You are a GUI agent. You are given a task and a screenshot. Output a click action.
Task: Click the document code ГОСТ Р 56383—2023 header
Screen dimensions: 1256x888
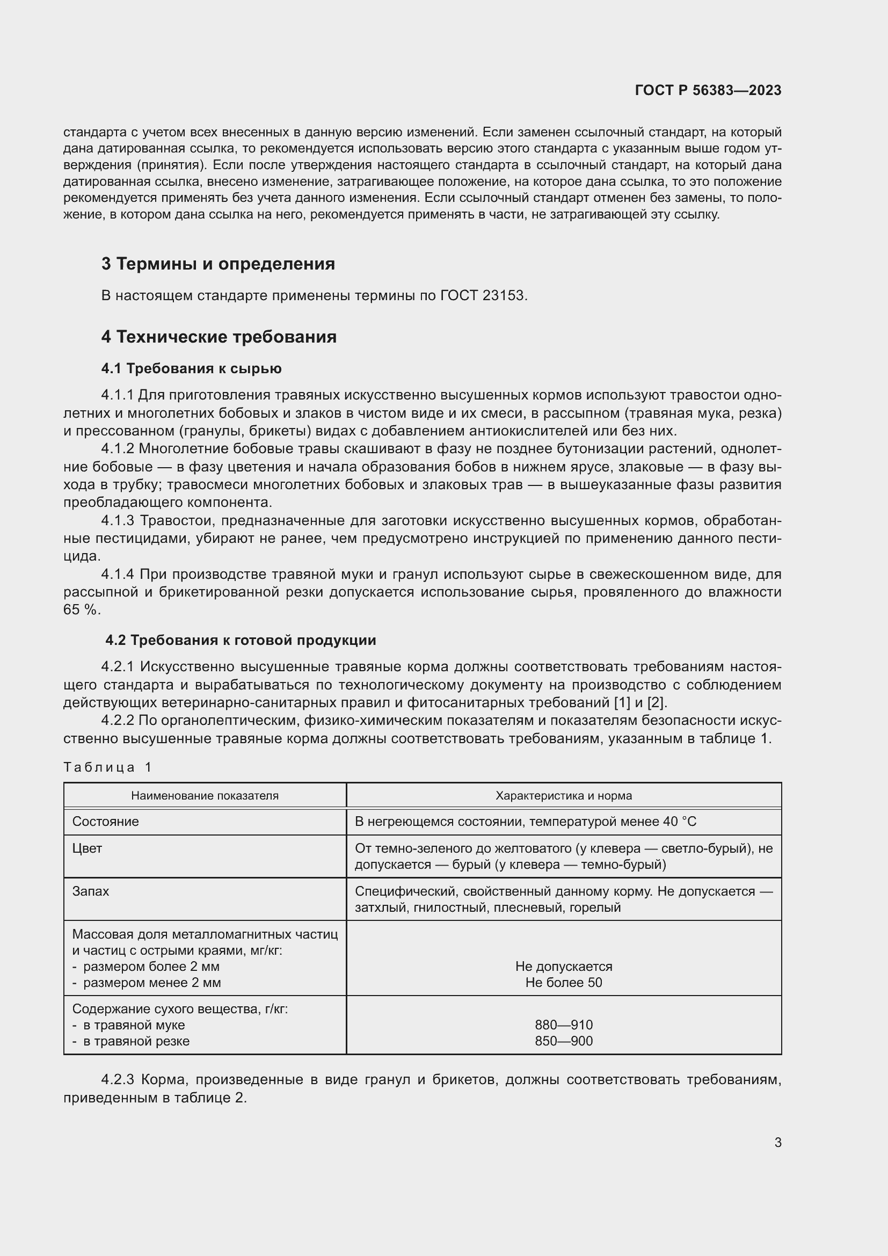(708, 90)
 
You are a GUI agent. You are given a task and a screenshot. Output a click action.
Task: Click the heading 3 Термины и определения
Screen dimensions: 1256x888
(217, 264)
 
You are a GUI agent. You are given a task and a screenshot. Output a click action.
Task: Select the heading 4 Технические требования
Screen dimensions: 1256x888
(219, 337)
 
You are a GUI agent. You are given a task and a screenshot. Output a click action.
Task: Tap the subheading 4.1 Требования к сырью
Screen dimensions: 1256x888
(191, 369)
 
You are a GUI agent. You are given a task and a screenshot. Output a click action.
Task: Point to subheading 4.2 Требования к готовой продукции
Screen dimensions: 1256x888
(241, 640)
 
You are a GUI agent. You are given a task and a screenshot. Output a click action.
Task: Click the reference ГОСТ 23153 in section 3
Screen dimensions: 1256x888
(482, 295)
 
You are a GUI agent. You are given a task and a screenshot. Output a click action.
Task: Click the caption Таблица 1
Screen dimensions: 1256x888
(107, 767)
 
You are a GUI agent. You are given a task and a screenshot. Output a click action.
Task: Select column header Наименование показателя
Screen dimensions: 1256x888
(205, 795)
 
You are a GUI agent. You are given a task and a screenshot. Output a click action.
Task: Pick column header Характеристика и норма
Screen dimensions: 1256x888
(563, 795)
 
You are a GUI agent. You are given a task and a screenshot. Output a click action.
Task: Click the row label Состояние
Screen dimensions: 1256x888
(106, 822)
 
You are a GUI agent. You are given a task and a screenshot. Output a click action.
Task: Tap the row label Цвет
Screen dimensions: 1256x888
(88, 848)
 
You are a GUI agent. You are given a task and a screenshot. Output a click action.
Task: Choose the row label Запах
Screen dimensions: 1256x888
(91, 891)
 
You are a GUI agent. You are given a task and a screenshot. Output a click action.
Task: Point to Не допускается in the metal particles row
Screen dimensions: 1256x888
(563, 967)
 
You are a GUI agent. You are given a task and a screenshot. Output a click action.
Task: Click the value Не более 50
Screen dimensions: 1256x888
(563, 983)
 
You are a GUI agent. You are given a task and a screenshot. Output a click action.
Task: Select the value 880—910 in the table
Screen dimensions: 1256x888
(563, 1025)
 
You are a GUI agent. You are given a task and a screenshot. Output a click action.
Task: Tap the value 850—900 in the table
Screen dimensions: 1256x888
(563, 1041)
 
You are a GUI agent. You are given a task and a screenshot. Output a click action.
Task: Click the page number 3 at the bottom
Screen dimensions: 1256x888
(777, 1143)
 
